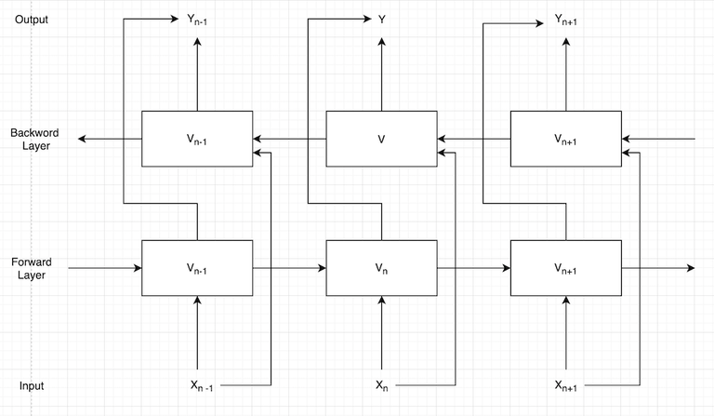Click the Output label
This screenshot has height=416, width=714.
tap(32, 20)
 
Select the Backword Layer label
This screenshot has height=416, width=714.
tap(34, 139)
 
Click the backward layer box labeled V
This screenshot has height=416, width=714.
tap(381, 139)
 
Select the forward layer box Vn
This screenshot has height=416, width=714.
tap(381, 268)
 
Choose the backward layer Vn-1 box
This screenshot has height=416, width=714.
tap(196, 139)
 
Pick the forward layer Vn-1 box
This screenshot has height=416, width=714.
tap(196, 268)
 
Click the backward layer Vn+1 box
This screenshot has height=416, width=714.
tap(566, 139)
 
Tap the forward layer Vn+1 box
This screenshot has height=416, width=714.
tap(566, 268)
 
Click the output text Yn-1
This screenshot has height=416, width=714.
tap(196, 19)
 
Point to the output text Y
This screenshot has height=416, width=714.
tap(381, 19)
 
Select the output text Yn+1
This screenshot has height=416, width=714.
tap(566, 19)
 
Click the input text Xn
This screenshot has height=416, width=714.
tap(381, 385)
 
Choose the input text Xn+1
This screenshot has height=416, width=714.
tap(566, 385)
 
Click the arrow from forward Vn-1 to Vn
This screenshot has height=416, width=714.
tap(289, 268)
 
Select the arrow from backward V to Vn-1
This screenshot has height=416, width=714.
tap(289, 139)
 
